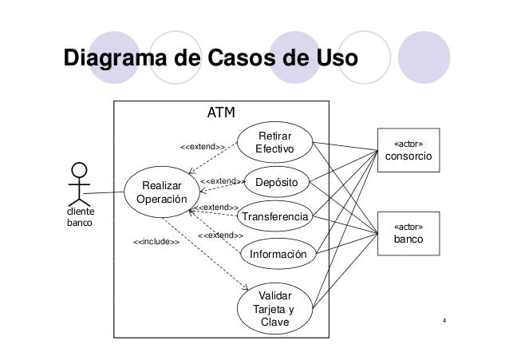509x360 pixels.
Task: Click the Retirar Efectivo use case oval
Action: point(275,142)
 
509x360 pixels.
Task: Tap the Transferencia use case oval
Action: point(275,217)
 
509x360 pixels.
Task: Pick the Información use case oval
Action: point(278,255)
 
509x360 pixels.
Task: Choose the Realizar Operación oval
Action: point(162,192)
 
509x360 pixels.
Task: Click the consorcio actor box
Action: point(409,151)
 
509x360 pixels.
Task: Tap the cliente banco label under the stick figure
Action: point(80,218)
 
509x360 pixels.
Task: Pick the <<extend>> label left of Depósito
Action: point(221,181)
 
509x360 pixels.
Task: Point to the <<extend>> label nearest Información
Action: point(220,235)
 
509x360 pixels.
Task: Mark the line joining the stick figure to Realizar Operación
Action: point(104,193)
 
